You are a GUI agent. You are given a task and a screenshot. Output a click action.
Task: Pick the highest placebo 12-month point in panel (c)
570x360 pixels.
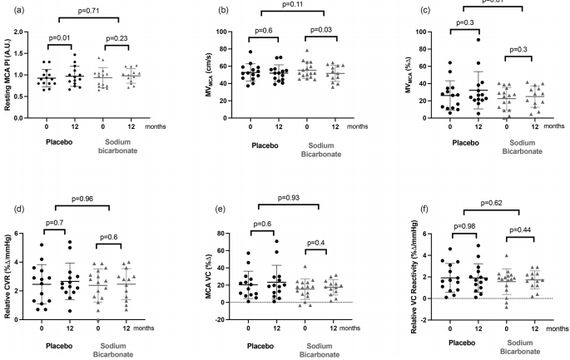[479, 40]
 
